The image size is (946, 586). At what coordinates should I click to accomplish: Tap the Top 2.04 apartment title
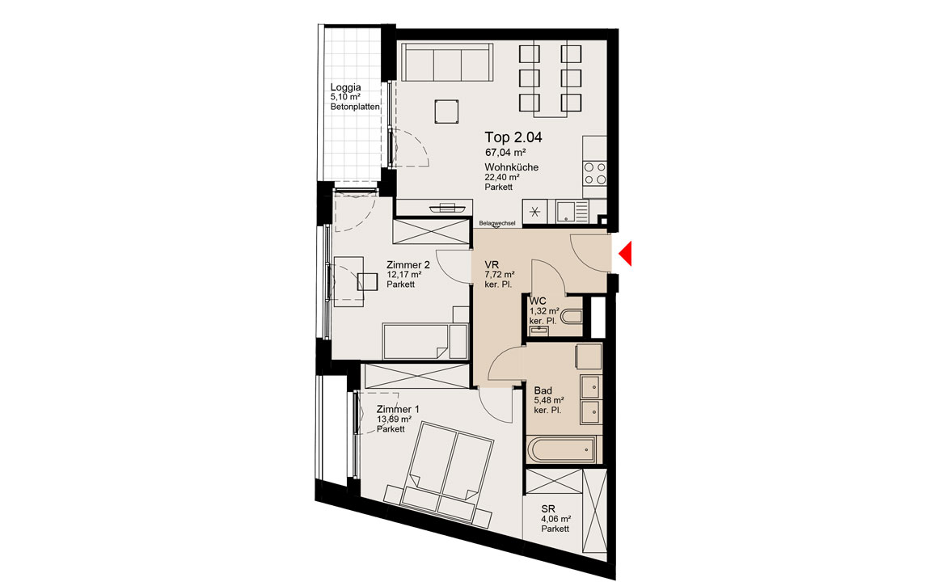coord(513,137)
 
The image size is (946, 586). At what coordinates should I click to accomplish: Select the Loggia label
coord(346,87)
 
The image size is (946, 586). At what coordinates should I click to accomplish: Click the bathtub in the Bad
coord(562,449)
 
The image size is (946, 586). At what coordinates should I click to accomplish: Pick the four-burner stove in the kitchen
coord(595,173)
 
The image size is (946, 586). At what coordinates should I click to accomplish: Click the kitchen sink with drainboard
coord(572,211)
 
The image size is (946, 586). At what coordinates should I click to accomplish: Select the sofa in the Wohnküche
coord(446,62)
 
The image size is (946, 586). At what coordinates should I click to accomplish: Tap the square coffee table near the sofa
coord(446,112)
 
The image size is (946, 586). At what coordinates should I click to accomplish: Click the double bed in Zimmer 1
coord(446,474)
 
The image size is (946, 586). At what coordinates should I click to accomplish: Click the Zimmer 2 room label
coord(408,264)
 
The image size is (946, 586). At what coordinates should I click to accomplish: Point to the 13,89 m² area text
coord(394,419)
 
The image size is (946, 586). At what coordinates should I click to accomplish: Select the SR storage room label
coord(548,509)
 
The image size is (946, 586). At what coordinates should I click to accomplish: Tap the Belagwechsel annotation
coord(497,224)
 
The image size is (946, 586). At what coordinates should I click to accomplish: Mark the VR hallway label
coord(491,264)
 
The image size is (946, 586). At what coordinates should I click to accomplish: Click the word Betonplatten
coord(355,107)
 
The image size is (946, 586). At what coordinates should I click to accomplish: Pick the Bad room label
coord(543,390)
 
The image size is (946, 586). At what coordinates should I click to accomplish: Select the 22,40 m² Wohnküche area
coord(502,177)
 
